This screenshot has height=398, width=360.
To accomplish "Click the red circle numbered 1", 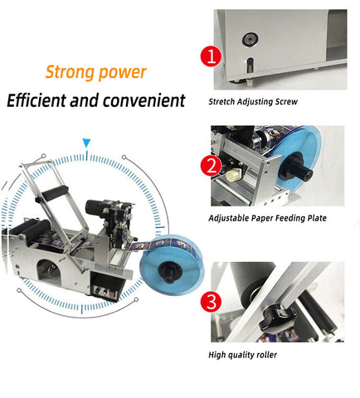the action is tap(211, 56).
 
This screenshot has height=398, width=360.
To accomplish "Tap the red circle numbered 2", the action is tap(211, 166).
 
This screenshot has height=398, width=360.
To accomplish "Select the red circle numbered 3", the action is tap(211, 301).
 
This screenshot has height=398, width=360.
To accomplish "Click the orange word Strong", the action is tap(70, 73).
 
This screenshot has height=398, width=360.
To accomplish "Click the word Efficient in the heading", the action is tap(36, 100).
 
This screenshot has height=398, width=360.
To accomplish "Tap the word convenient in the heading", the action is tap(144, 100).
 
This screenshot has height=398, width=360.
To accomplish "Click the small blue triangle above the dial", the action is tap(86, 143).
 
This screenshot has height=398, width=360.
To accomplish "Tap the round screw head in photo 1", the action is tap(251, 40).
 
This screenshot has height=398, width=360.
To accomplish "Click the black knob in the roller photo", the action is tap(277, 318).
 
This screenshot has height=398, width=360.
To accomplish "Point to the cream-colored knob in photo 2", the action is tap(234, 174).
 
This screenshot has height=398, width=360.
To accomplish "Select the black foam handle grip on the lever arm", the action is tap(54, 192).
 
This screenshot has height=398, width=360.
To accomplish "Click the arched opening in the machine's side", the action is tap(49, 272).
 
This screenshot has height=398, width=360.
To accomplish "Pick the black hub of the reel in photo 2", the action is tap(296, 167).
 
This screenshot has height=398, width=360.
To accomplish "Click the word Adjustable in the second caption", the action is tap(229, 218).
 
